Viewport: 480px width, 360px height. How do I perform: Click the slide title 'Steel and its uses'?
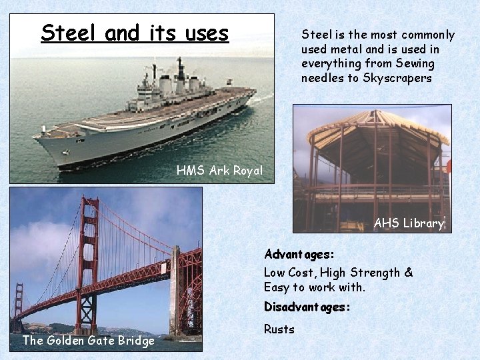(135, 33)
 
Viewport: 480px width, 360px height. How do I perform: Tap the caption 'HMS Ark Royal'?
(219, 171)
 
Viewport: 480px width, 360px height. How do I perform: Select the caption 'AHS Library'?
(409, 223)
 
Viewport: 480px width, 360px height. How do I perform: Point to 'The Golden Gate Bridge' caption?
(89, 341)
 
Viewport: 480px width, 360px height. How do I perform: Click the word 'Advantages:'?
(299, 255)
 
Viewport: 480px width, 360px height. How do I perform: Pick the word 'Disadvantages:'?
(307, 307)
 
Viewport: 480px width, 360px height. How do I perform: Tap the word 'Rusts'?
(279, 329)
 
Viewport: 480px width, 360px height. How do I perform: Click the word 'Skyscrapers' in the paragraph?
(397, 78)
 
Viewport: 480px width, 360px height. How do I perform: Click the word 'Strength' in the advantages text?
(374, 272)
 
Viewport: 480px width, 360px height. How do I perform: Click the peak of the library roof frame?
(377, 113)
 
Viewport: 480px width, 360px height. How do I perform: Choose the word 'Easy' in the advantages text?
(276, 287)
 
